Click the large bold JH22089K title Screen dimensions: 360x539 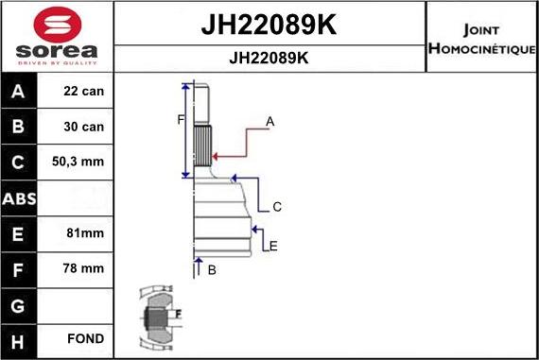tap(269, 23)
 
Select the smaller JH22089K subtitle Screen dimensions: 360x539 tap(269, 57)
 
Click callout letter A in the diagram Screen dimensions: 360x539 tap(269, 122)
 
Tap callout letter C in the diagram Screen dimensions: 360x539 tap(277, 207)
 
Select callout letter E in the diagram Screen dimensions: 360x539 tap(273, 247)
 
